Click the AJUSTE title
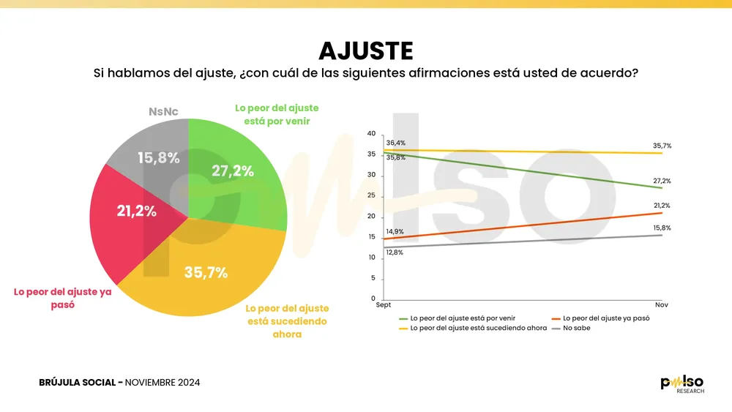pyautogui.click(x=366, y=50)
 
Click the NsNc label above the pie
pyautogui.click(x=163, y=112)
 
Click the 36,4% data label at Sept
pyautogui.click(x=395, y=143)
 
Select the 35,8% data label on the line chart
pyautogui.click(x=395, y=157)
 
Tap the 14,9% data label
pyautogui.click(x=395, y=232)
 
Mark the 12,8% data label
pyautogui.click(x=395, y=252)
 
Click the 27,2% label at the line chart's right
pyautogui.click(x=661, y=181)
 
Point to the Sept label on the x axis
pyautogui.click(x=384, y=305)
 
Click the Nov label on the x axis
pyautogui.click(x=662, y=305)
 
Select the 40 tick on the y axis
pyautogui.click(x=371, y=134)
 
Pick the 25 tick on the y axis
pyautogui.click(x=371, y=196)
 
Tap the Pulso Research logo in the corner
pyautogui.click(x=682, y=384)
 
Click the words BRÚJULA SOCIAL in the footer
pyautogui.click(x=78, y=383)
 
